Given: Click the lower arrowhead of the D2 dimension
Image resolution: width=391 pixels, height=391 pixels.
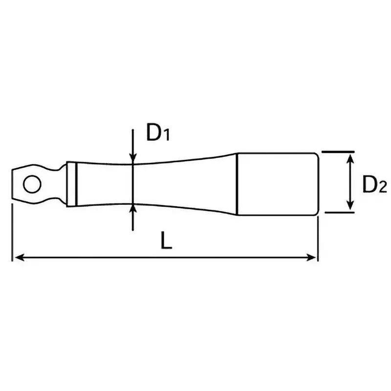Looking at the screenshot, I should click(x=350, y=207).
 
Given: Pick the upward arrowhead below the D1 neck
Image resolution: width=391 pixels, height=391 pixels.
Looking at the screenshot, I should click(x=133, y=209).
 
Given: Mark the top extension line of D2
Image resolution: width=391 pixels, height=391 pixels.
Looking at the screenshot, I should click(x=337, y=152).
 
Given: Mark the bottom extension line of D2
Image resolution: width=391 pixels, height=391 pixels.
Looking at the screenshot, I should click(x=337, y=213).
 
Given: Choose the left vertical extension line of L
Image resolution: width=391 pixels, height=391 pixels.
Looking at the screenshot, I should click(x=12, y=230).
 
